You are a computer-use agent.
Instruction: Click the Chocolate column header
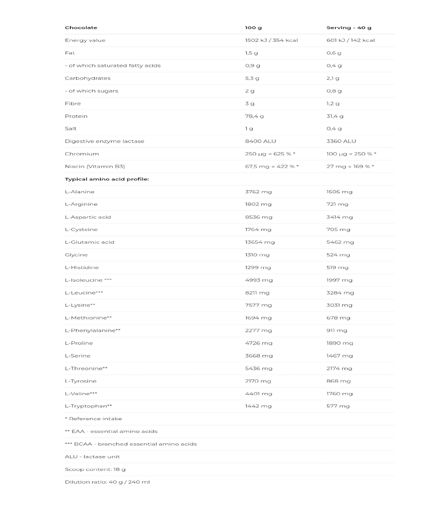(x=81, y=28)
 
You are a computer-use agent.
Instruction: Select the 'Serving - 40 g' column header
(x=348, y=28)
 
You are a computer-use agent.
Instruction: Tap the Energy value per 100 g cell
(x=271, y=40)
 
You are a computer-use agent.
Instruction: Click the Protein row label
(x=76, y=116)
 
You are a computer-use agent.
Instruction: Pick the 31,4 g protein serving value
(x=335, y=116)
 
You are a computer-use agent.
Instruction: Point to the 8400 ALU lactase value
(x=260, y=141)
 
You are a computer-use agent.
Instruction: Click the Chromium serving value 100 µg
(x=351, y=154)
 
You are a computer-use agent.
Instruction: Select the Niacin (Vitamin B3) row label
(x=95, y=166)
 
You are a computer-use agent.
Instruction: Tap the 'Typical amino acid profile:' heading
(x=107, y=179)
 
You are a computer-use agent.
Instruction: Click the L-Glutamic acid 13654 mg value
(x=260, y=242)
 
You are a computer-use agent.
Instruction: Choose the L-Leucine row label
(x=84, y=293)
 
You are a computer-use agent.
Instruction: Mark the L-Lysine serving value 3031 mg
(x=339, y=305)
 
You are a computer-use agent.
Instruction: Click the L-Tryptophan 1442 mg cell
(x=258, y=406)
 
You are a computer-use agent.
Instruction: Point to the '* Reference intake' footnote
(x=93, y=419)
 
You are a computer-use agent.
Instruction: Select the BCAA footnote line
(x=131, y=444)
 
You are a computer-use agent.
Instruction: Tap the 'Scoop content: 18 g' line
(x=95, y=469)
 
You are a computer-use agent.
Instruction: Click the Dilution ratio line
(x=107, y=482)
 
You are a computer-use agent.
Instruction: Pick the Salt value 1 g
(x=249, y=128)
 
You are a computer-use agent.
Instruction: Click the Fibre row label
(x=73, y=103)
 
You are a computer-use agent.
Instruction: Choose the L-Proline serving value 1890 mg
(x=340, y=343)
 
